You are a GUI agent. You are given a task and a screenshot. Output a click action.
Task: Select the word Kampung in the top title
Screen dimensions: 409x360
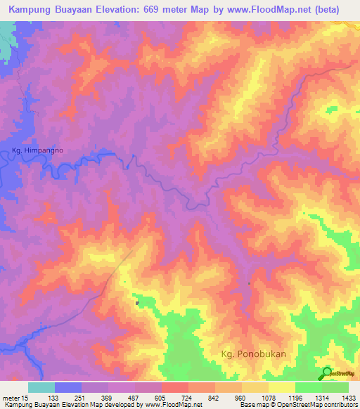[x=30, y=9]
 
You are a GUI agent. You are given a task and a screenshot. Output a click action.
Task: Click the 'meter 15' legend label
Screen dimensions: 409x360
[x=15, y=397]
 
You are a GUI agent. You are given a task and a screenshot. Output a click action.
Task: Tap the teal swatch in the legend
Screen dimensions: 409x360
[x=41, y=387]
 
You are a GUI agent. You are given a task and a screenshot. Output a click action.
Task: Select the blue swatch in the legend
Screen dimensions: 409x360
[x=68, y=387]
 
